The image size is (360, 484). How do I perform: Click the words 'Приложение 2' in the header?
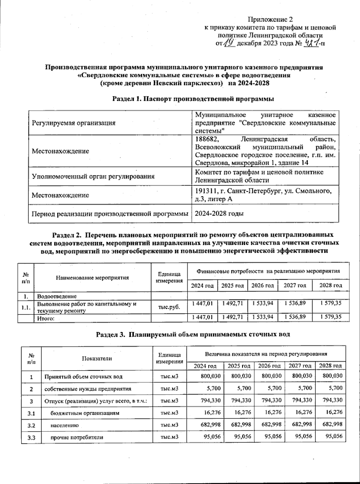(270, 20)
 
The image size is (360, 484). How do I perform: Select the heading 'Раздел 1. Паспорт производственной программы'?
(193, 98)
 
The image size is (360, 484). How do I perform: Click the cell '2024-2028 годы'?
(219, 214)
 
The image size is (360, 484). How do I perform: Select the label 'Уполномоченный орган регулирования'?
(93, 176)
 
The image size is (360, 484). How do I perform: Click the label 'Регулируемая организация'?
(73, 123)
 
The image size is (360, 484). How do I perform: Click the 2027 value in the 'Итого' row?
(295, 317)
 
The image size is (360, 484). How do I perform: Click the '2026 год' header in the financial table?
(262, 286)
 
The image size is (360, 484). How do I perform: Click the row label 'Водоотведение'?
(57, 297)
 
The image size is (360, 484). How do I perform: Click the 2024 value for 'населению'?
(212, 425)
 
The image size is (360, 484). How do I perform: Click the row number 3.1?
(31, 413)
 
